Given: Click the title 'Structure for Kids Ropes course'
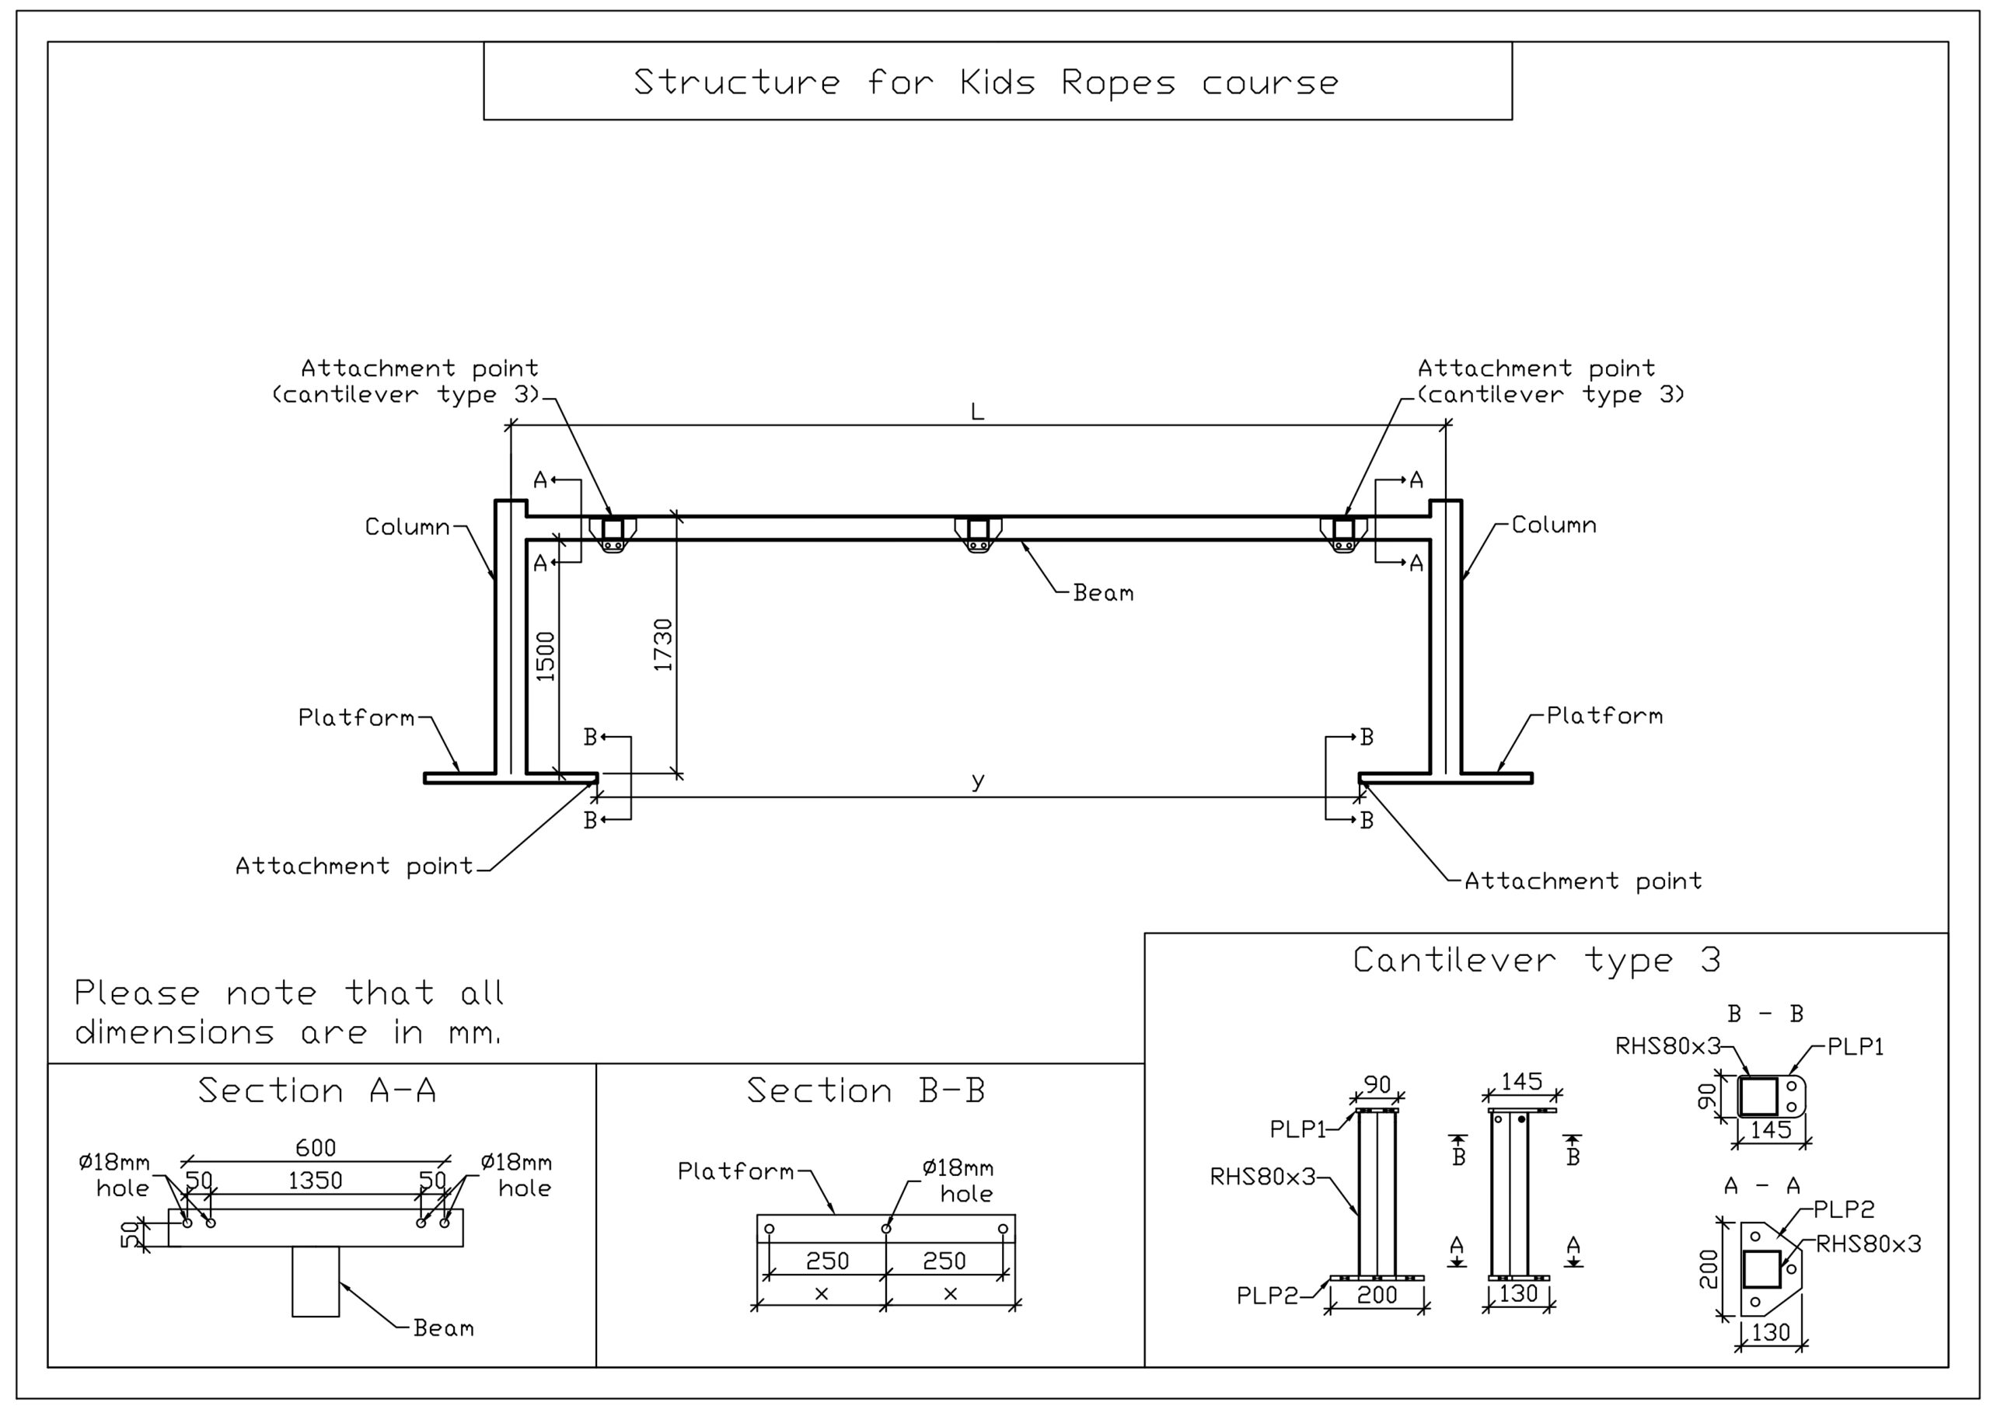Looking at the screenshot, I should coord(986,82).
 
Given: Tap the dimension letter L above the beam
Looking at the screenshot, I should coord(977,412).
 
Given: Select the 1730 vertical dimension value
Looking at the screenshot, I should coord(663,645).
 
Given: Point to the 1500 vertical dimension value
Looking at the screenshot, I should coord(545,656).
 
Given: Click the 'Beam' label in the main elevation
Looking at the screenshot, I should coord(1102,593).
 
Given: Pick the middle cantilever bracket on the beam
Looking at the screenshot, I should coord(979,534).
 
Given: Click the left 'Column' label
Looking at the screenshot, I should coord(407,527).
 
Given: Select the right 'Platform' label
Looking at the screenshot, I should coord(1604,716).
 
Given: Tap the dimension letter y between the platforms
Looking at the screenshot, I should coord(978,781).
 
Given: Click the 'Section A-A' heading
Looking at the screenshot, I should coord(316,1090).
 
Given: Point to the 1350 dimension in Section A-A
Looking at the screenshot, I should coord(315,1181).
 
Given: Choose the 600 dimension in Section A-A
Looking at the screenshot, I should coord(316,1148).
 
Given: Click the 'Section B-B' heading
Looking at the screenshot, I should coord(866,1090).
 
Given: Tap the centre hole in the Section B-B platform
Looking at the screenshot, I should coord(886,1229).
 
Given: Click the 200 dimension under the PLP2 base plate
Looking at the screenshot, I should coord(1377,1295).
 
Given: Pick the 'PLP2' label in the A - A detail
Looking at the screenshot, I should coord(1845,1209).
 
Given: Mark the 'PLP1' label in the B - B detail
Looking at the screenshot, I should coord(1856,1047).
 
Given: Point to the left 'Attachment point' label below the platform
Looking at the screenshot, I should coord(354,866).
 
